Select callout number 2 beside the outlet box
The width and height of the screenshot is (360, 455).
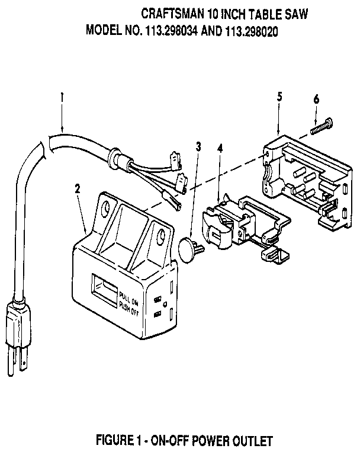click(x=76, y=190)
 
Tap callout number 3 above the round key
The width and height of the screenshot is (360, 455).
click(x=200, y=147)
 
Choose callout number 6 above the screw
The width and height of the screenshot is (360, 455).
click(x=317, y=99)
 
